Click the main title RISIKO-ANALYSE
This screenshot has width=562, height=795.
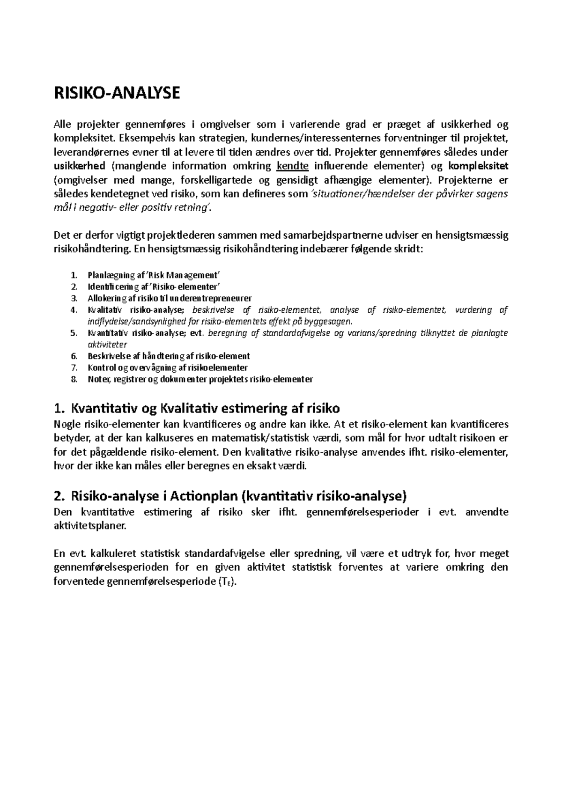tap(117, 93)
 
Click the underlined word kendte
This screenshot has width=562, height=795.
tap(293, 166)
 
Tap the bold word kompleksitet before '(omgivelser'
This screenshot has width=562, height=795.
tap(478, 166)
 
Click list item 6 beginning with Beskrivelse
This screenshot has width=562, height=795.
tap(169, 356)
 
